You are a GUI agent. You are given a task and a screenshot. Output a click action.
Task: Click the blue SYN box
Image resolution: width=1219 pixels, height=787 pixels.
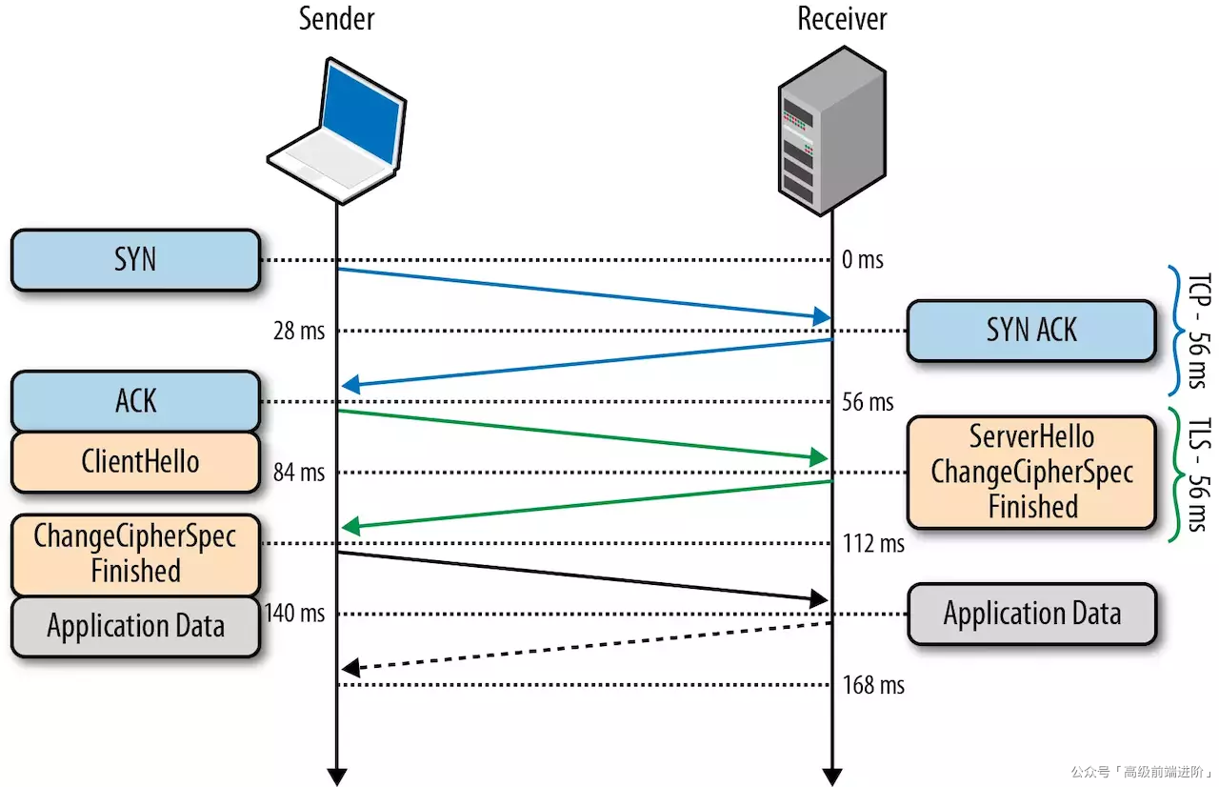point(135,259)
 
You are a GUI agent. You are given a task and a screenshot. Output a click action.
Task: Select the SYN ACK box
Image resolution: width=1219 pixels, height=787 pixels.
point(1031,331)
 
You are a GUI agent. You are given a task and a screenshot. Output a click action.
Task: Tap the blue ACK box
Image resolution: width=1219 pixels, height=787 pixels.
point(135,401)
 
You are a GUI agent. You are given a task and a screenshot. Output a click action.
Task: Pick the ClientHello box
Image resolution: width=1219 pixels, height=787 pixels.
point(135,462)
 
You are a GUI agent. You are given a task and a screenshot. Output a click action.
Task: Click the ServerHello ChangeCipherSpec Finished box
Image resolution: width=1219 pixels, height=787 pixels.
point(1031,472)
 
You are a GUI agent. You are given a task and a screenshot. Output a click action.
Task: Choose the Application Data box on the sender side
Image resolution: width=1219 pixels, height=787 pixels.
point(135,626)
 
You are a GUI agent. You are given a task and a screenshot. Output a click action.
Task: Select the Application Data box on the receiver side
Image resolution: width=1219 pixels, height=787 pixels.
point(1031,614)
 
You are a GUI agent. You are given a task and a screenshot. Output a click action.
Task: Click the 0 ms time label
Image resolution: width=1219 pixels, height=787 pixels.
point(862,260)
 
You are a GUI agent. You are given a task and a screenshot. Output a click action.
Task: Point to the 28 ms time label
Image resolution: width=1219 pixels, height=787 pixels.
point(298,331)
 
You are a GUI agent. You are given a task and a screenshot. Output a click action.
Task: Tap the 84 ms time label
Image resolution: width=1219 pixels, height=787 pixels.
point(298,472)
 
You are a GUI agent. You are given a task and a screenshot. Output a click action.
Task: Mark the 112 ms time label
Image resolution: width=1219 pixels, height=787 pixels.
point(872,544)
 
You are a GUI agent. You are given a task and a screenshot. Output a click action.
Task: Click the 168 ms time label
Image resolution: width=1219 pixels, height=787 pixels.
point(872,685)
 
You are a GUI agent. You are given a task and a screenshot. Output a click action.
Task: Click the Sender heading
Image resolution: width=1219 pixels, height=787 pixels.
point(336,18)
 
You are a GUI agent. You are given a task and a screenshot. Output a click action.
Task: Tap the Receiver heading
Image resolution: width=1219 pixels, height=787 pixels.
point(842,18)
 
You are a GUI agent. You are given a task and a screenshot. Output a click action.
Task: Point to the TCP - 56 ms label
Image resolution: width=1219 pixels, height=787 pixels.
point(1195,330)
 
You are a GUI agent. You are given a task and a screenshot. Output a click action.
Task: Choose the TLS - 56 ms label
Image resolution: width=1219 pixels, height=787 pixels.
point(1195,472)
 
